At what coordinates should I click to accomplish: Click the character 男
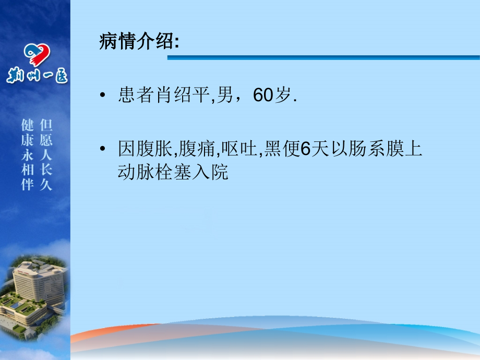(227, 96)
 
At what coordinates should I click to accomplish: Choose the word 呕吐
(239, 150)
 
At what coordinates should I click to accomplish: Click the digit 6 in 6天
(306, 150)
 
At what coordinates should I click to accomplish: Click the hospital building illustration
(34, 292)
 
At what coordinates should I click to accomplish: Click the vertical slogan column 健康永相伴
(27, 155)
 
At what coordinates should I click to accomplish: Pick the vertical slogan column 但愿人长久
(46, 155)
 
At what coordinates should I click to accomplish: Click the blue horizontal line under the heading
(323, 57)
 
